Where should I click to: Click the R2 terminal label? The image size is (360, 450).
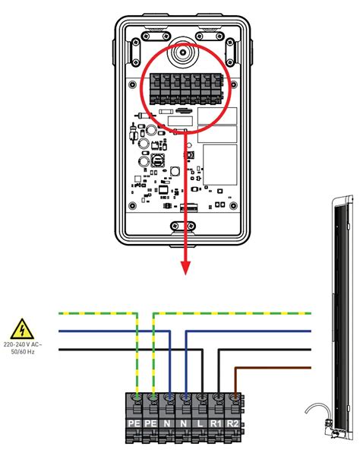point(232,423)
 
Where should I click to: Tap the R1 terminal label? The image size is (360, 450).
point(216,423)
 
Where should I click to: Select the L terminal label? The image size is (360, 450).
point(200,423)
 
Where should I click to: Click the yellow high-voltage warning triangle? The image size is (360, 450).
point(22,329)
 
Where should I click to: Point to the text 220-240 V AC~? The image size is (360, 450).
point(23,344)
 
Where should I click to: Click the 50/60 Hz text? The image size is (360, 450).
point(23,351)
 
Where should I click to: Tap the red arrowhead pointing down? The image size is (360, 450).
point(186,268)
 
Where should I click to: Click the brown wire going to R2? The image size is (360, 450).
point(258,368)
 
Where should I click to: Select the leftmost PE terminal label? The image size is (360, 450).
point(134,423)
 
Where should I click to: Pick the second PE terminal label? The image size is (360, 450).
point(150,423)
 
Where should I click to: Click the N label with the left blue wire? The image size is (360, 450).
point(167,423)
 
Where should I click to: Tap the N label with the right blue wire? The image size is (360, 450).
point(183,423)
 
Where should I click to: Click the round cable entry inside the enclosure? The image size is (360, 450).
point(183,52)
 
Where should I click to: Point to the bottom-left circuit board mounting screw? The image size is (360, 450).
point(132,205)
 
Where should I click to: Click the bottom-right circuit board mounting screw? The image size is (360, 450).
point(234,205)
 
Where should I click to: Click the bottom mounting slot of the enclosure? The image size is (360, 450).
point(183,227)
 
